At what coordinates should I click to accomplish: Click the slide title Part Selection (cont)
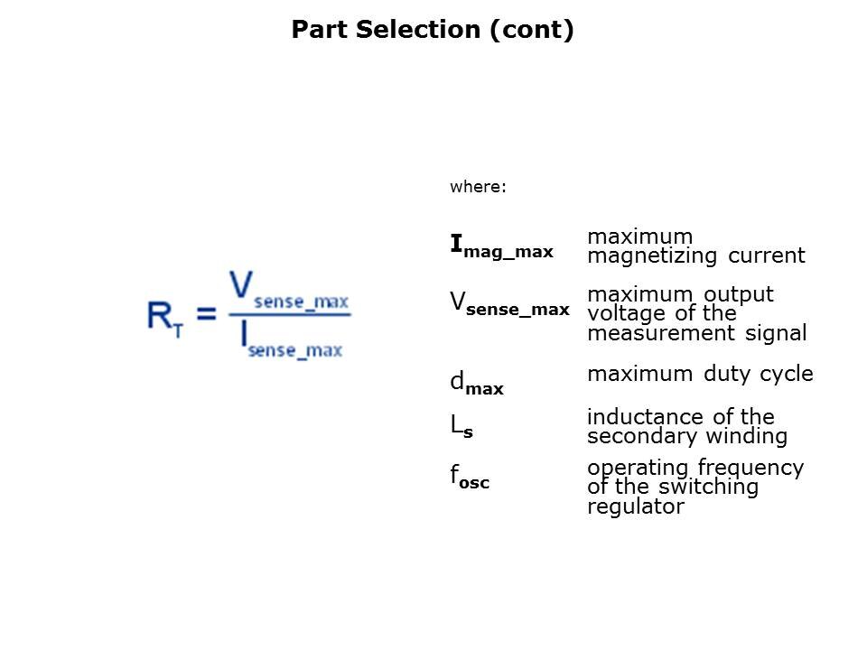click(433, 30)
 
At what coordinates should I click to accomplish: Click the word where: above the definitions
click(479, 187)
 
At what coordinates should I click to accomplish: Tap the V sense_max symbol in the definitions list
click(509, 305)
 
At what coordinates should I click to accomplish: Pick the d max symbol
click(476, 385)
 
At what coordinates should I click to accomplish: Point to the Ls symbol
click(461, 428)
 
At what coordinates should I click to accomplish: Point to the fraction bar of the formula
click(289, 314)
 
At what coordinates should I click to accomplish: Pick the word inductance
click(648, 417)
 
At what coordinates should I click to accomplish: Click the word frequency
click(756, 468)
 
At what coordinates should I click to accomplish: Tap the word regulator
click(635, 506)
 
